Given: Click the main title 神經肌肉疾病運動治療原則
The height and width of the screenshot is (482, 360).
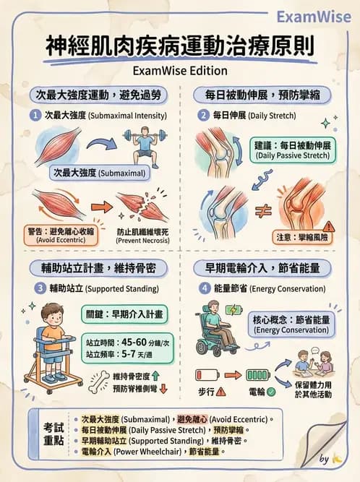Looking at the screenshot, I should point(179,47).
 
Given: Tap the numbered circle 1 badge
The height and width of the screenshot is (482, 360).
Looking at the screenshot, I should point(35,116).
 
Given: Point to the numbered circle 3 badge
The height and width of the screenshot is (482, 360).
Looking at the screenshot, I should point(40,288).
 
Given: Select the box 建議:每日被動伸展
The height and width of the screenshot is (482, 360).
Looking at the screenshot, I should point(293,150).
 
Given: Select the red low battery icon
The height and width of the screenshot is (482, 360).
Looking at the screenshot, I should point(208,376).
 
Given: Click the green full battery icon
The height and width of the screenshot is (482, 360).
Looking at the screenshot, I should point(257,376).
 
